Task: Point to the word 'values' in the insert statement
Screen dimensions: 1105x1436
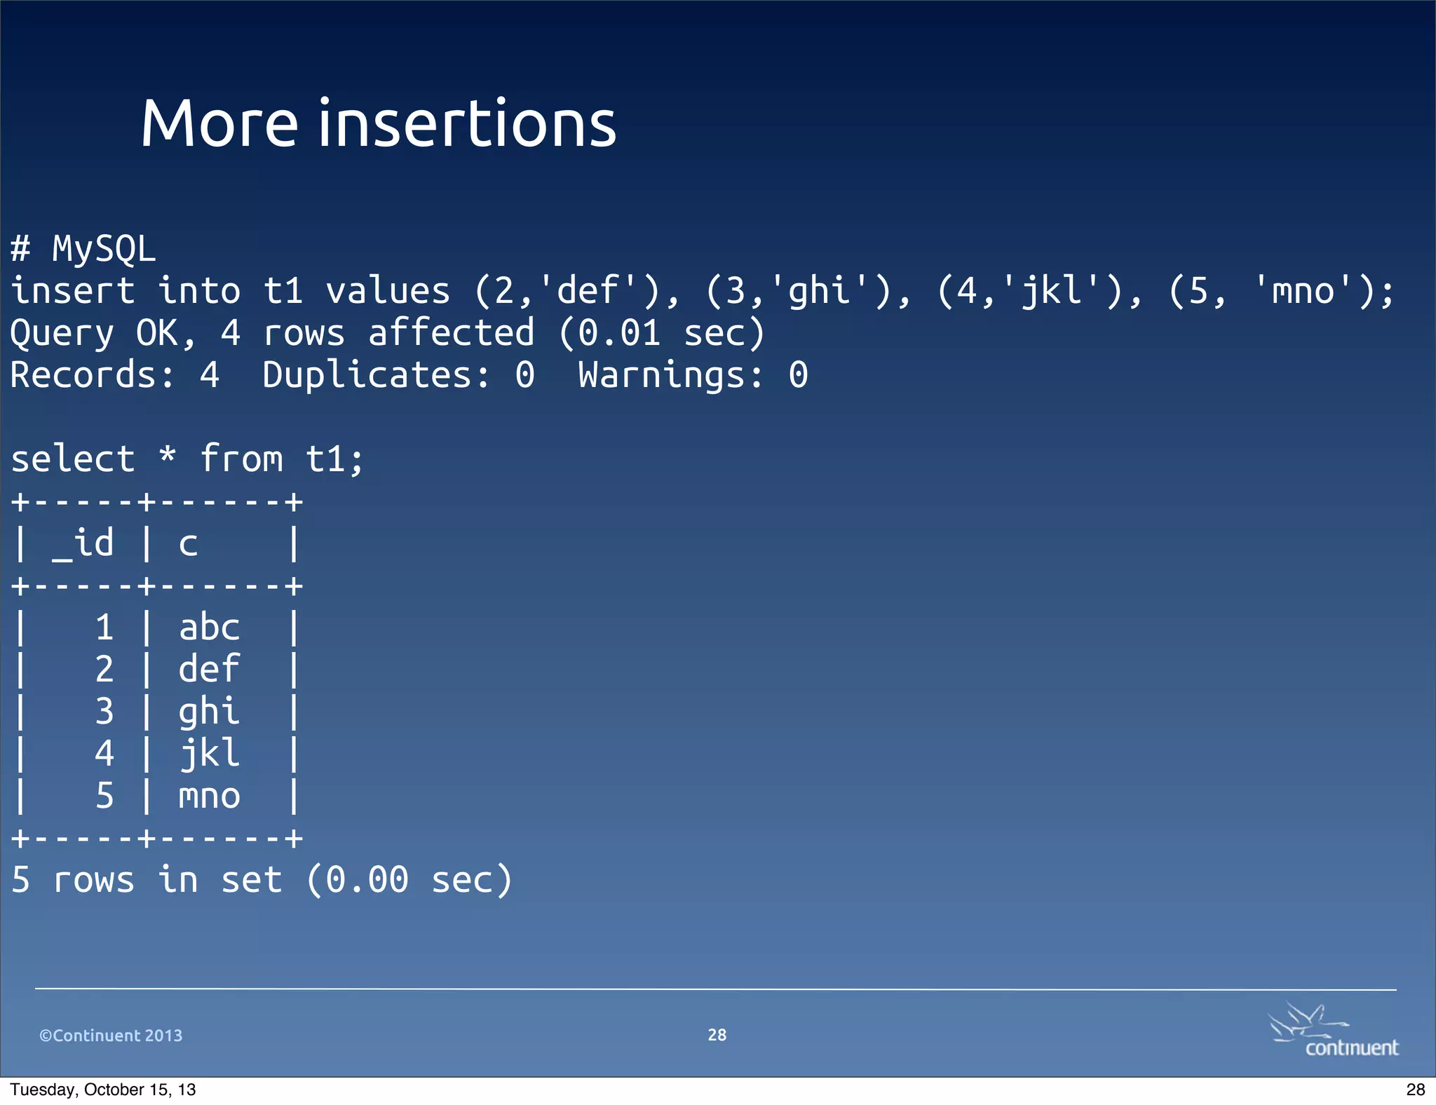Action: tap(388, 291)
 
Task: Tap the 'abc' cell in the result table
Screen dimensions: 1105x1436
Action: tap(209, 628)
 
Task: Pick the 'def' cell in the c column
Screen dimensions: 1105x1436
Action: tap(209, 670)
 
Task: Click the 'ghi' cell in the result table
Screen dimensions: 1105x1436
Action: tap(209, 712)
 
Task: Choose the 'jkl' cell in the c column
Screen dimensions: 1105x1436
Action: tap(209, 754)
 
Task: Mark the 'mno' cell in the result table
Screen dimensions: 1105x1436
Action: tap(209, 796)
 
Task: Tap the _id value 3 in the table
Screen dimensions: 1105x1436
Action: tap(104, 712)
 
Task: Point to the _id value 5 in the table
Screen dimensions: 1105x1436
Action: tap(104, 796)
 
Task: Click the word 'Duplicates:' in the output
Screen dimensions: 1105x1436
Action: tap(377, 375)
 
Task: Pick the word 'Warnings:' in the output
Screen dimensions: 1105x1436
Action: tap(671, 375)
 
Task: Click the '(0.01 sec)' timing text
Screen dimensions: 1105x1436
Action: tap(661, 333)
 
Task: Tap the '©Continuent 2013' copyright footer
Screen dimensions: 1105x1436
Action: tap(111, 1036)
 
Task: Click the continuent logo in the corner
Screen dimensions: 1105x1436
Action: tap(1334, 1031)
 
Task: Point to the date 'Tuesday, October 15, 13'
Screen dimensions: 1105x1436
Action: tap(103, 1090)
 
